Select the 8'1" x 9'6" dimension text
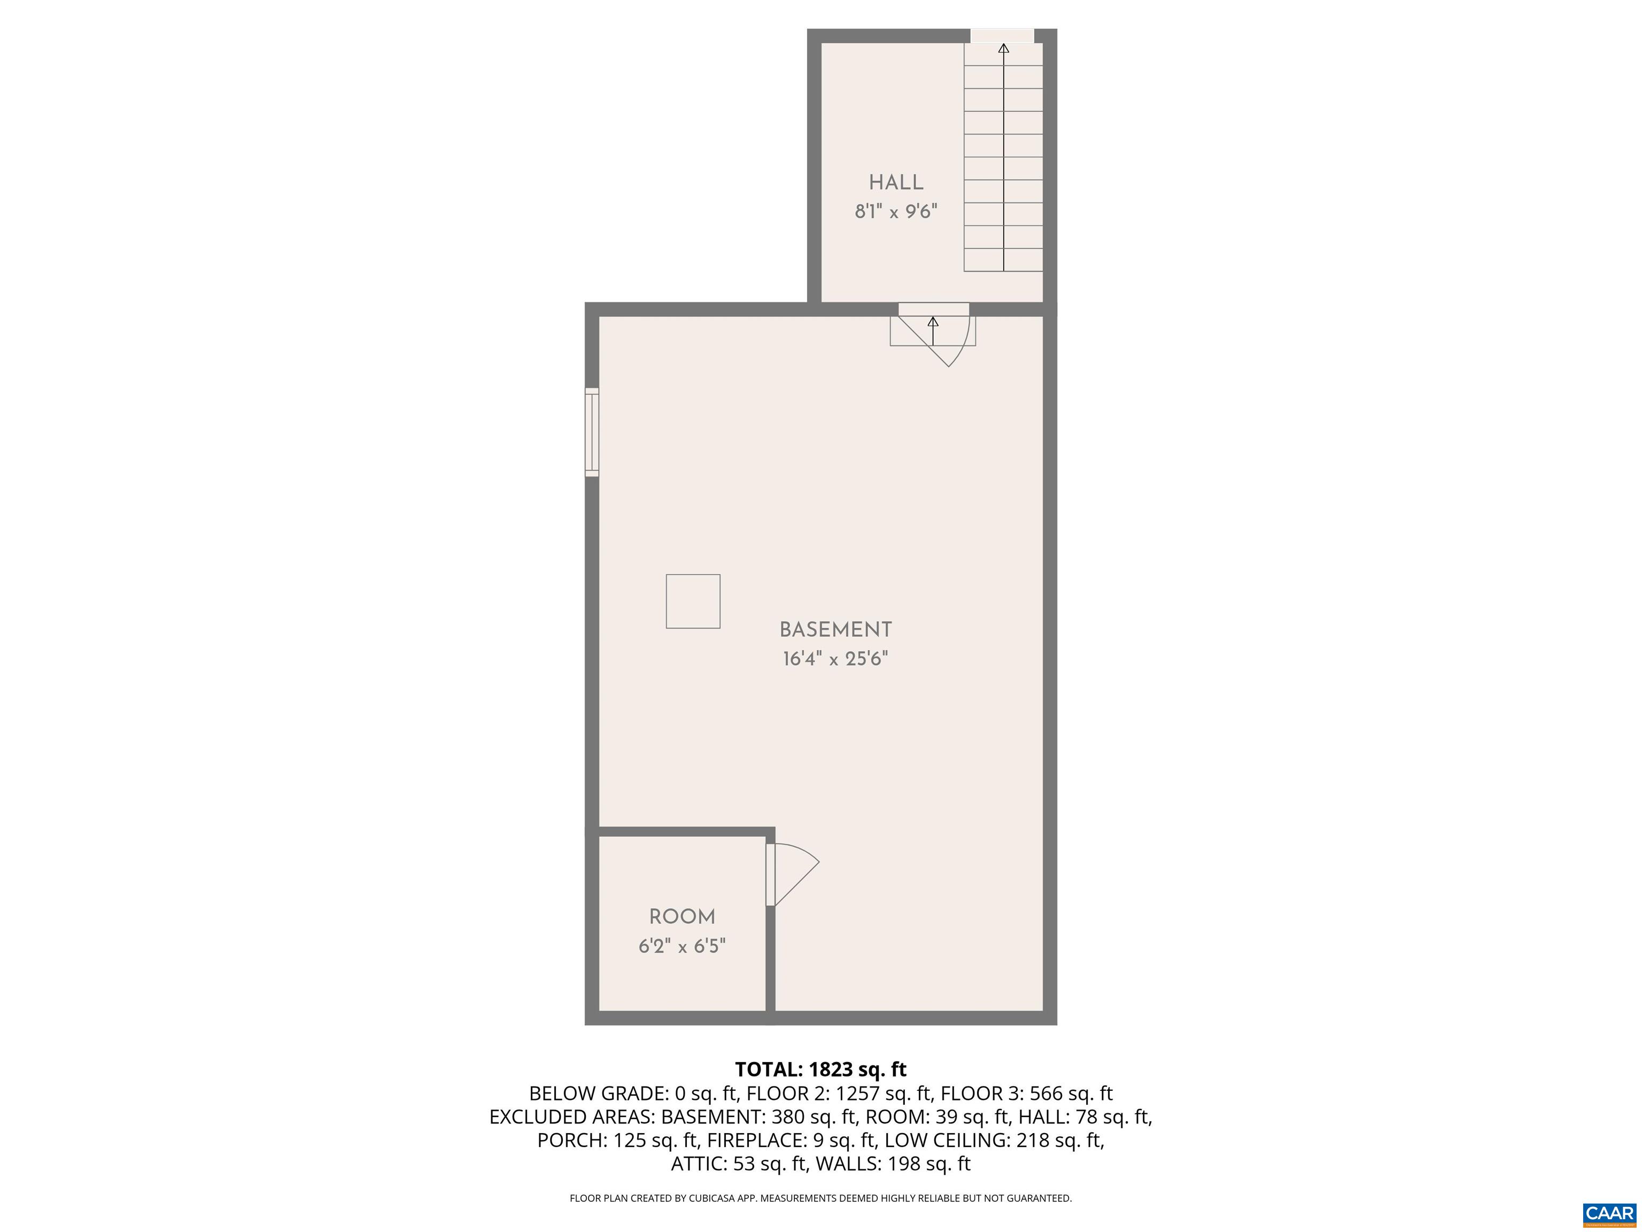tap(896, 212)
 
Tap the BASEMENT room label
tap(835, 630)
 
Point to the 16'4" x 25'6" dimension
tap(835, 659)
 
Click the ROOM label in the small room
tap(682, 917)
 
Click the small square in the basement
tap(693, 602)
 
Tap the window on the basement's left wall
tap(592, 432)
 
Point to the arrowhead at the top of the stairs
tap(1004, 49)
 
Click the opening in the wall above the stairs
tap(1002, 36)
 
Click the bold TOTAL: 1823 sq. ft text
tap(820, 1069)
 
